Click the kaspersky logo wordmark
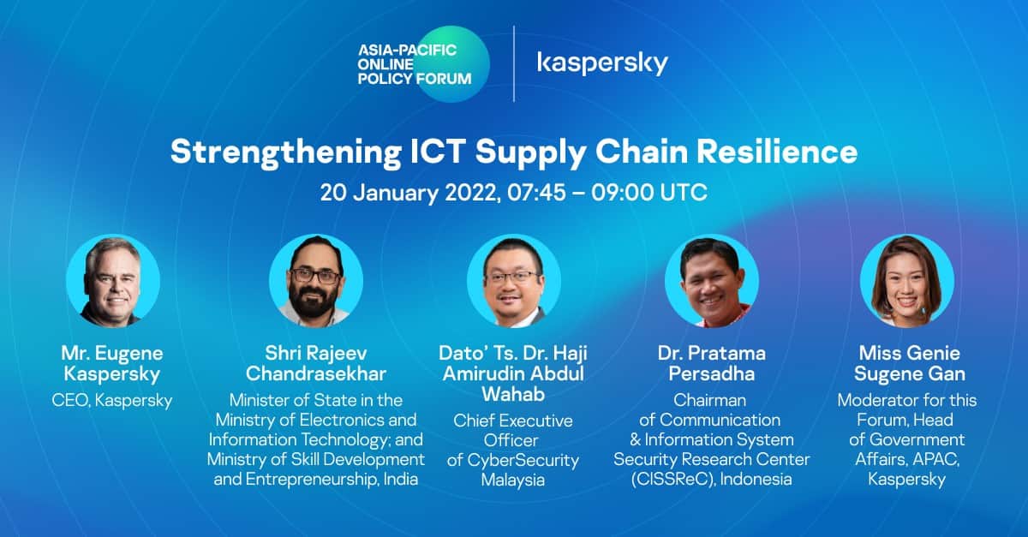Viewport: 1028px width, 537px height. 602,63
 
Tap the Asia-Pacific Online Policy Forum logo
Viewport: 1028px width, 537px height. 423,63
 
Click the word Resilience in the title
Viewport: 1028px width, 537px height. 777,152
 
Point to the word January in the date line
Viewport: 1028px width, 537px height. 396,193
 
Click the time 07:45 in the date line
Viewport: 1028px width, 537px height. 536,193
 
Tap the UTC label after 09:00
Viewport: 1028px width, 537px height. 684,193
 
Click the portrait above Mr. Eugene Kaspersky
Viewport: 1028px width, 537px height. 113,281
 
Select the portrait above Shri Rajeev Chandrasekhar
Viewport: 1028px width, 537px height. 316,281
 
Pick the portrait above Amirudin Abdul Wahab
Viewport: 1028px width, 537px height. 514,281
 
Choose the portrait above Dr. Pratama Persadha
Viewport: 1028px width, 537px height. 712,281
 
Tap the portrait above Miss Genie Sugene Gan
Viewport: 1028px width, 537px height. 907,281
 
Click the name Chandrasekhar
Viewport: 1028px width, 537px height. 316,374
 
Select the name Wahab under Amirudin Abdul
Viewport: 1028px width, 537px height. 513,394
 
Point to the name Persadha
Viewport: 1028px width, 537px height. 712,374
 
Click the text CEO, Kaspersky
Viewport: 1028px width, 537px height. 112,401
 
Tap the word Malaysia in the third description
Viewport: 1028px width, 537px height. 513,480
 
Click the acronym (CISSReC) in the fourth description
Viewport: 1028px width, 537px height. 672,479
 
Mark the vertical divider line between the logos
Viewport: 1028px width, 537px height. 513,63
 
